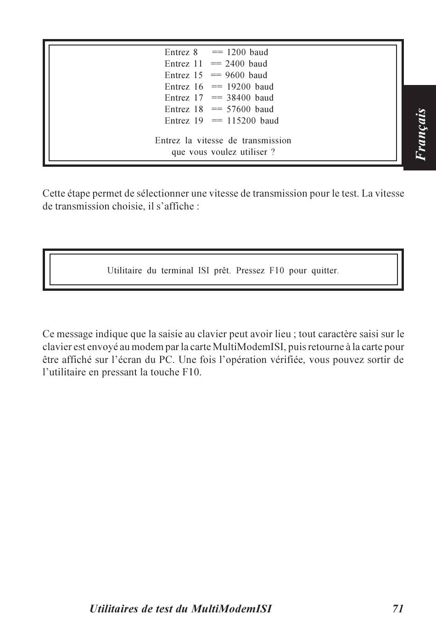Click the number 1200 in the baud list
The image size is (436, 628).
(236, 52)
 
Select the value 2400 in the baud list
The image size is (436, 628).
(235, 64)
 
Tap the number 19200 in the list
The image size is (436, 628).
(238, 87)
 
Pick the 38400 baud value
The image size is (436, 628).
(238, 98)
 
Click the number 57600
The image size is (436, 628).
(238, 109)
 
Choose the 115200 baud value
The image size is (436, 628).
(241, 121)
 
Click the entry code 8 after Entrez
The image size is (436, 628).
(196, 52)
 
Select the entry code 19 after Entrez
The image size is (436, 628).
(198, 121)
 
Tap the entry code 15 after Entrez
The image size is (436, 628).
(198, 75)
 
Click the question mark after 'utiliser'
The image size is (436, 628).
(273, 152)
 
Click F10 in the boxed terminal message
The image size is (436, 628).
(277, 271)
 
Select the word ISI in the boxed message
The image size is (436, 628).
(204, 271)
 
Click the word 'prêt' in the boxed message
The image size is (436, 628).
(222, 271)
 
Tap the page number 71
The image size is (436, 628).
(398, 609)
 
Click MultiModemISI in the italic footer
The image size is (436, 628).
(231, 609)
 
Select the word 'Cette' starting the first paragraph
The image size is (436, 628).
(54, 193)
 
